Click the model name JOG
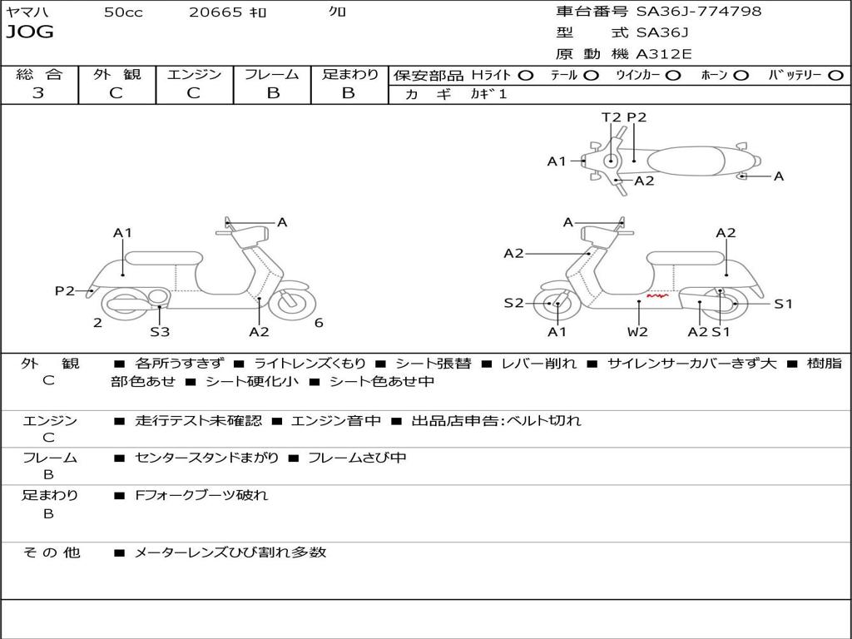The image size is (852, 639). click(x=29, y=32)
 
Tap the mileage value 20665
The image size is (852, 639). click(x=215, y=12)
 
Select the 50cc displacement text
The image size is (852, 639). click(x=123, y=12)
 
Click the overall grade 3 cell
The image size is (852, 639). click(x=38, y=93)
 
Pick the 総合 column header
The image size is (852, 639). click(x=38, y=75)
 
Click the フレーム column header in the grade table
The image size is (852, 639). click(x=271, y=75)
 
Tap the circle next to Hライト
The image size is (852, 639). click(x=525, y=75)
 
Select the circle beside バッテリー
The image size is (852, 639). click(x=835, y=75)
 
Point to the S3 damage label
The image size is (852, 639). click(x=160, y=331)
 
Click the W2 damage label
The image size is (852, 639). click(x=637, y=331)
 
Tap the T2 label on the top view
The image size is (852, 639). click(x=612, y=117)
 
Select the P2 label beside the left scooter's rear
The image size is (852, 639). click(x=65, y=290)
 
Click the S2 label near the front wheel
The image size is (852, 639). click(x=513, y=303)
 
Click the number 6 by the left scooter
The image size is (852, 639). click(x=319, y=323)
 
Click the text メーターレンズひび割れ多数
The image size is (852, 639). click(x=230, y=552)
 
